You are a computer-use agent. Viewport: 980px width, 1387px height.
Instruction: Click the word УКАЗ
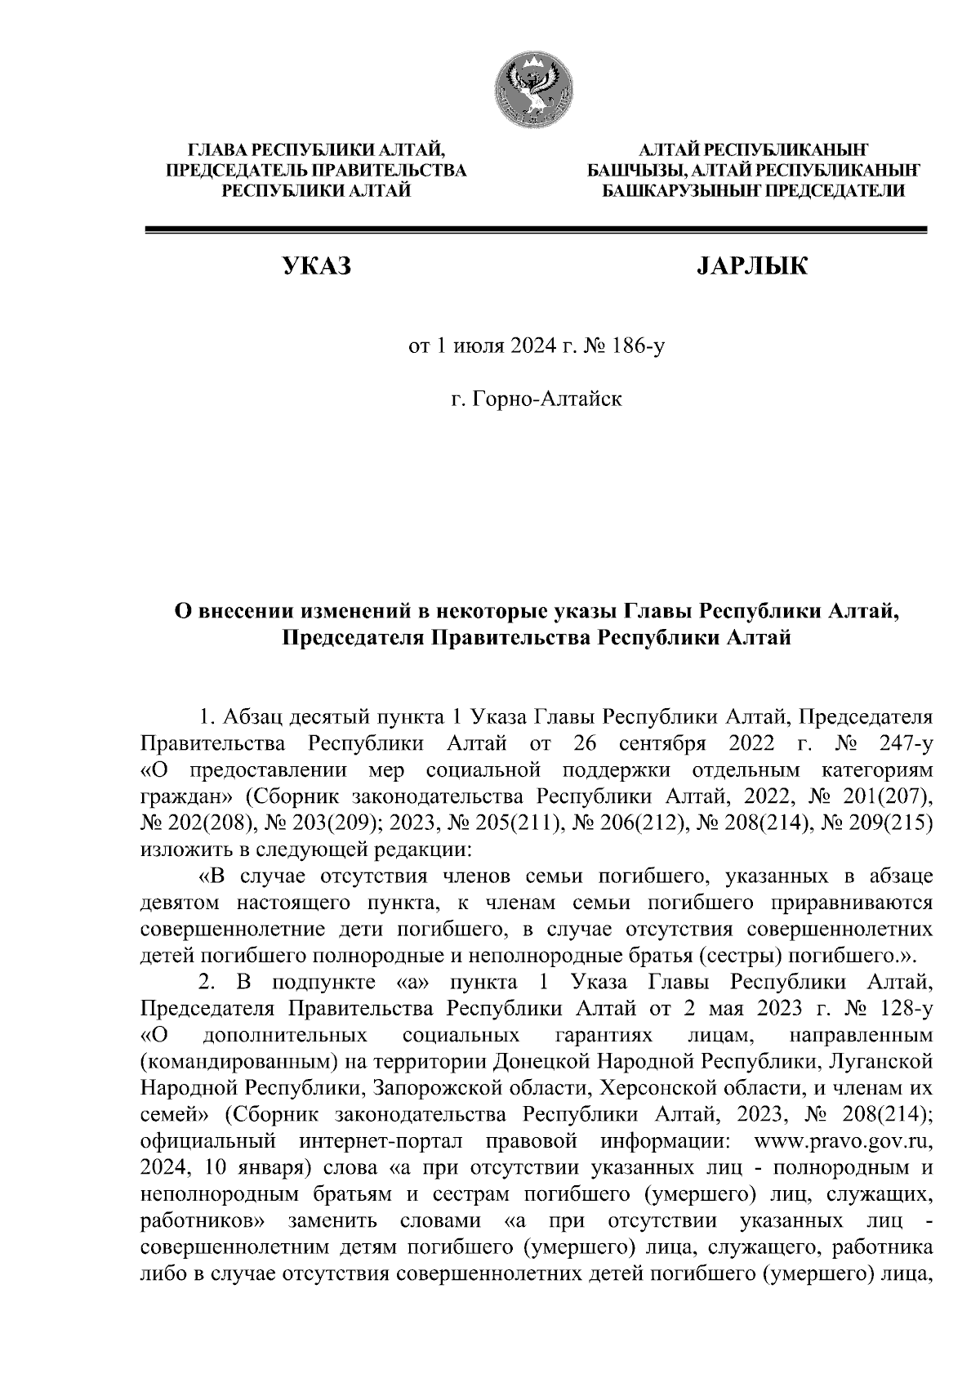click(316, 267)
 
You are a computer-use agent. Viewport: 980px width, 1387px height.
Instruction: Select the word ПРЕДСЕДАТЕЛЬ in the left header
click(238, 171)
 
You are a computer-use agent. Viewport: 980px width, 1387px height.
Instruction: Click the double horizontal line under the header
click(535, 231)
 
